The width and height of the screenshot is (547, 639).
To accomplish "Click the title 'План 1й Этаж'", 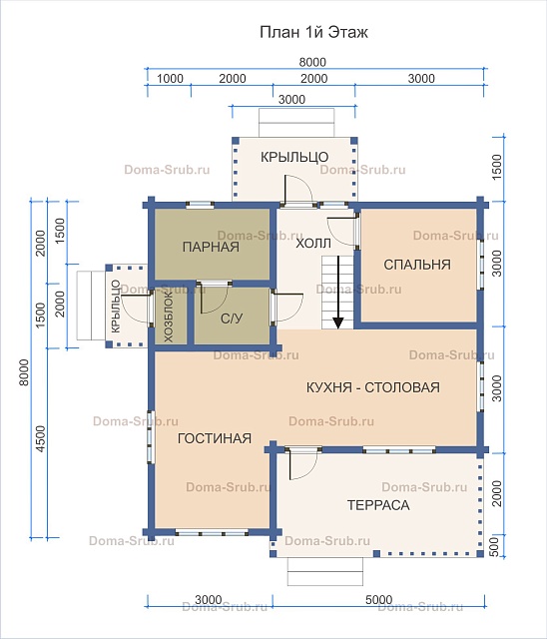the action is (x=313, y=32).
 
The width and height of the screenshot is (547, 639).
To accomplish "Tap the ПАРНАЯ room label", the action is (x=211, y=247).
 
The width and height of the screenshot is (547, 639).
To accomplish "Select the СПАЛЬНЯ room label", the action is (x=417, y=265).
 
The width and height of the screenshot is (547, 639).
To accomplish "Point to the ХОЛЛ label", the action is (x=313, y=244).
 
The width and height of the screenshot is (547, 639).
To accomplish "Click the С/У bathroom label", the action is (x=232, y=319).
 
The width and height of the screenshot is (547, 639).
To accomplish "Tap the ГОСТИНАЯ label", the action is (x=215, y=438).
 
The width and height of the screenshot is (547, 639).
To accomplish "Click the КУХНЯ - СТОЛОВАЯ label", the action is (x=372, y=387).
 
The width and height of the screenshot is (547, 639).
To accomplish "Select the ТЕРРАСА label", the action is (x=378, y=505).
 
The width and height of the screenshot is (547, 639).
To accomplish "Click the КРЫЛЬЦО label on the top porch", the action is (x=294, y=157).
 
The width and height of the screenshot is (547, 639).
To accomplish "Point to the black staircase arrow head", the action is (x=338, y=322).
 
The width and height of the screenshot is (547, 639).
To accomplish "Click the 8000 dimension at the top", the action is (x=312, y=62).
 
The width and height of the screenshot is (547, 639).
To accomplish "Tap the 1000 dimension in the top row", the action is (x=170, y=78).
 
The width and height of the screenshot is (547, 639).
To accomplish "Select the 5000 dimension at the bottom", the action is (x=378, y=600).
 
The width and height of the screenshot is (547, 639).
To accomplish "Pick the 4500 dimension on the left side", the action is (x=41, y=439).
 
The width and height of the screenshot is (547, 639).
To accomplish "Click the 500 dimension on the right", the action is (x=493, y=547).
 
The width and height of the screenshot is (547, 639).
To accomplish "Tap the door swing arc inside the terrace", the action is (x=309, y=468).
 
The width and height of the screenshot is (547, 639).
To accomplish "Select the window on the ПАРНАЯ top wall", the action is (x=200, y=205).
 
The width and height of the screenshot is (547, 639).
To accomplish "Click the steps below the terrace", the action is (x=325, y=571).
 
